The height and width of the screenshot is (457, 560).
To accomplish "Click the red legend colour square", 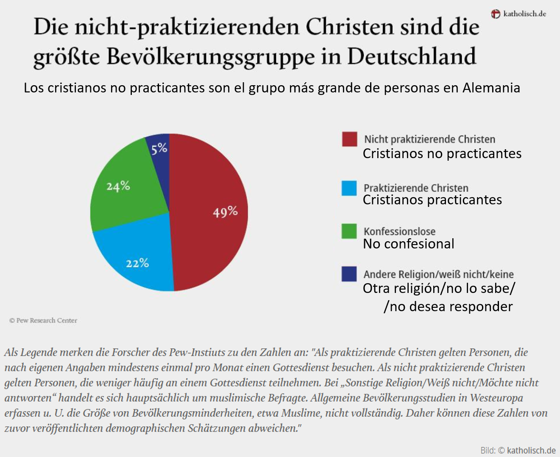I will (349, 139).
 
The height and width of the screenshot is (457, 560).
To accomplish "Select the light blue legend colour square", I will (349, 188).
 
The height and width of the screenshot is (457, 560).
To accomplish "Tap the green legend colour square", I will (349, 231).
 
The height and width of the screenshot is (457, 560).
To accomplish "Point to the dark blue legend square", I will (349, 274).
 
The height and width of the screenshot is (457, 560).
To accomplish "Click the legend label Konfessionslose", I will (399, 231).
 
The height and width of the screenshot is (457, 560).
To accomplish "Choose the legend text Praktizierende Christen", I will (416, 188).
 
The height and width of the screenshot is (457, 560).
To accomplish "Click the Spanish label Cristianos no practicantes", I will (442, 153).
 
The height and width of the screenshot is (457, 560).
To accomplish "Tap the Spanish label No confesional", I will (408, 244).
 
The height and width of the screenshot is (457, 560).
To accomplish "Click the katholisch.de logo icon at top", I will (496, 14).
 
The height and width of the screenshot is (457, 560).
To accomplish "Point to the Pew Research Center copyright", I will (43, 320).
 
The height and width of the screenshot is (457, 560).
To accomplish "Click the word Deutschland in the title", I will (412, 56).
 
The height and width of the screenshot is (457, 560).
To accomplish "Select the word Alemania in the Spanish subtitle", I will (491, 88).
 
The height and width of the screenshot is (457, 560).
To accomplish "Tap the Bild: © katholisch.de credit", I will (518, 450).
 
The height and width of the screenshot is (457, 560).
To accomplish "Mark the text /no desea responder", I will (448, 307).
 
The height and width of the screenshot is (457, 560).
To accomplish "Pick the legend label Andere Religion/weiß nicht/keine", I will (438, 274).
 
